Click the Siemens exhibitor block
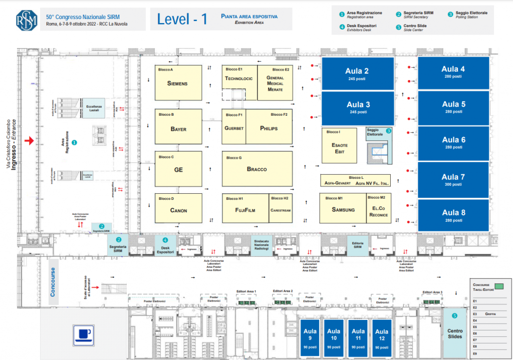pos(178,83)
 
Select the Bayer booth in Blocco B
pos(178,129)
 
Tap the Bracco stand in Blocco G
pos(256,169)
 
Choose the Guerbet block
pos(234,128)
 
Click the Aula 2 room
pos(357,74)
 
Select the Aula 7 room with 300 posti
pos(453,180)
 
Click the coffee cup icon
pos(84,334)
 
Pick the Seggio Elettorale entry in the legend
pos(471,15)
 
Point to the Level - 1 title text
pos(182,19)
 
